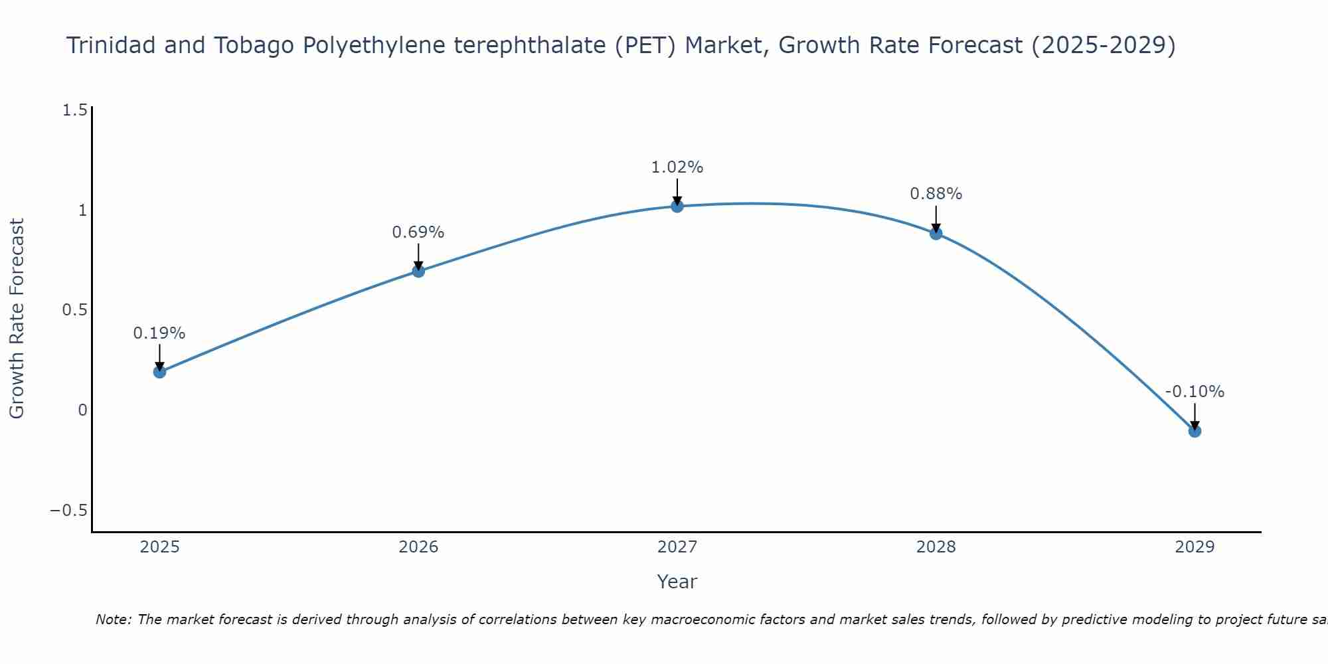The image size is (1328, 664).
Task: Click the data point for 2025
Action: click(x=159, y=372)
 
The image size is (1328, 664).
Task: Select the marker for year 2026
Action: click(x=418, y=271)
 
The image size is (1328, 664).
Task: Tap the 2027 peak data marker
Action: click(x=677, y=207)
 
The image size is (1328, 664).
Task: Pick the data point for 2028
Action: click(x=936, y=234)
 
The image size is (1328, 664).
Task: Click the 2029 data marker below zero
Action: click(x=1195, y=431)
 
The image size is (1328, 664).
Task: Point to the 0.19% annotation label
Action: click(x=159, y=333)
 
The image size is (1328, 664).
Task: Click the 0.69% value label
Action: click(x=418, y=232)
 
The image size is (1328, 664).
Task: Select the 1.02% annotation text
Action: click(x=677, y=167)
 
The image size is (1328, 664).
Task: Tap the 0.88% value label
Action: click(x=936, y=194)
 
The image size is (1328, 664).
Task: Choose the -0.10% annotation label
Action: click(x=1195, y=392)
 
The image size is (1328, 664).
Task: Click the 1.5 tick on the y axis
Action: click(x=74, y=110)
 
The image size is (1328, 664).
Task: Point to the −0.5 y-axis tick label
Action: click(x=68, y=511)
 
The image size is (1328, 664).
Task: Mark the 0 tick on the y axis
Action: click(x=82, y=410)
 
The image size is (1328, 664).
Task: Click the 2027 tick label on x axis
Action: click(x=677, y=547)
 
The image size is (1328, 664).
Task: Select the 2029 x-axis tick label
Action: click(x=1195, y=547)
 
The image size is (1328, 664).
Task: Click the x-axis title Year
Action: click(x=677, y=582)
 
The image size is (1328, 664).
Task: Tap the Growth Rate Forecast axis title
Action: click(x=17, y=319)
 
